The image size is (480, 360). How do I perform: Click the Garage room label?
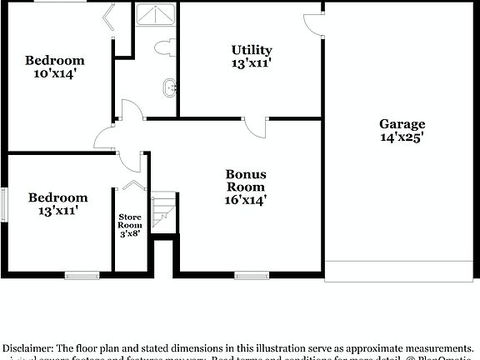coord(402,124)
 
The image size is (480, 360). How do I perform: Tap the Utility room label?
coord(252,50)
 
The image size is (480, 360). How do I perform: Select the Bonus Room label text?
coord(246,181)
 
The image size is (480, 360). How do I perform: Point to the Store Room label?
coord(129,220)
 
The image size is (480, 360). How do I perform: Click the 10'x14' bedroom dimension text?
coord(54,74)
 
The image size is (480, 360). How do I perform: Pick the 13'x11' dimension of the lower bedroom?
coord(57,212)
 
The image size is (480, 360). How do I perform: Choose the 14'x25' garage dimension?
coord(402,138)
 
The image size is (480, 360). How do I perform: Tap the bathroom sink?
coord(171,86)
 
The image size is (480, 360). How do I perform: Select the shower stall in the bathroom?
coord(157,16)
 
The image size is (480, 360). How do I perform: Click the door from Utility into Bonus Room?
coord(255,127)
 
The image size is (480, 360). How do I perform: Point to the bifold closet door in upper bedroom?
coord(108,17)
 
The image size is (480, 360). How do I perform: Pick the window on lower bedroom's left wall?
coord(3,203)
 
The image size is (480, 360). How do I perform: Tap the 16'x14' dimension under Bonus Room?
coord(246,200)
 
